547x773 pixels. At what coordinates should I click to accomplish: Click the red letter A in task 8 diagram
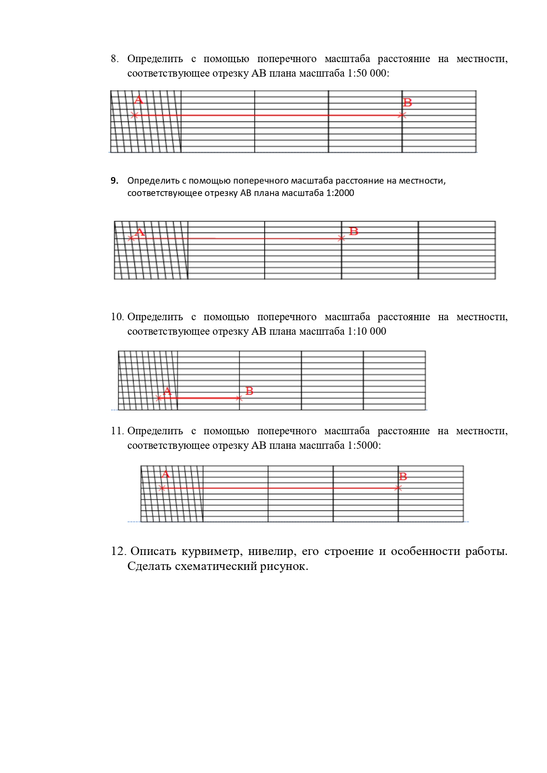(x=138, y=100)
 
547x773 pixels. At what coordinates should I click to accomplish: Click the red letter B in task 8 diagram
(x=407, y=103)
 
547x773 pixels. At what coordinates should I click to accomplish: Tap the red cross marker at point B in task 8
(x=402, y=115)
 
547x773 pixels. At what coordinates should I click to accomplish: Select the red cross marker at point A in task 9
(x=131, y=238)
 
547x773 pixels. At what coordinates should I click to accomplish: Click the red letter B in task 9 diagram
(x=354, y=231)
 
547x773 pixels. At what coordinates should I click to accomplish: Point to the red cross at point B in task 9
(x=341, y=238)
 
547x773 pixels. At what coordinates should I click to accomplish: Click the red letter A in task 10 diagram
(x=167, y=391)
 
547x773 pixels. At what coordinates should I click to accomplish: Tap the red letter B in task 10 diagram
(x=249, y=391)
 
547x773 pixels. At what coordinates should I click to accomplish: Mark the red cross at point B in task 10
(x=239, y=398)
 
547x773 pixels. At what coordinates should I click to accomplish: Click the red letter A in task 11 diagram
(x=166, y=474)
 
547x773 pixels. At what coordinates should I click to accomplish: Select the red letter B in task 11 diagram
(x=402, y=477)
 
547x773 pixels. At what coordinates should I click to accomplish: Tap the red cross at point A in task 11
(x=162, y=488)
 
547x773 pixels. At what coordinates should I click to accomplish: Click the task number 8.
(x=114, y=59)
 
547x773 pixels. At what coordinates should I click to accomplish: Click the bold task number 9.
(x=114, y=181)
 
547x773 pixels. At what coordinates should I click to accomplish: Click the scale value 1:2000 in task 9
(x=340, y=193)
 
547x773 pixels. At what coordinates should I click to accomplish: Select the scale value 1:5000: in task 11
(x=364, y=445)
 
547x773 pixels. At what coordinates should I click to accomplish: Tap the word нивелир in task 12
(x=272, y=551)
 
